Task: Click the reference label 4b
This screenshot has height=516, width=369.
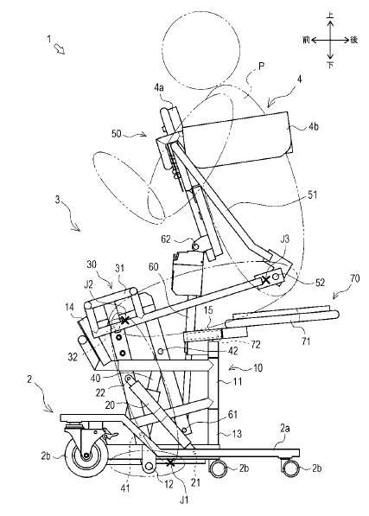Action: (x=313, y=126)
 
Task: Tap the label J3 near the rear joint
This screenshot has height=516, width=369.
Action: (x=285, y=239)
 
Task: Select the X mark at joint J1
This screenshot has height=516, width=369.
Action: (x=170, y=462)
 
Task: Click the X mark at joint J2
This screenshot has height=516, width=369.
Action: (x=124, y=320)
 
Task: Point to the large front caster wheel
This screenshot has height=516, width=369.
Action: (x=86, y=455)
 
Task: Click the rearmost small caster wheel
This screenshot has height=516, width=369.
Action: (x=290, y=468)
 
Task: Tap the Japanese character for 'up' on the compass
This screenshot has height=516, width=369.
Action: (x=330, y=16)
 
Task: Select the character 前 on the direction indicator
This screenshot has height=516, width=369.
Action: (x=306, y=40)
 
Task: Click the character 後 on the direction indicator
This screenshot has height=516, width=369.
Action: (x=353, y=40)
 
